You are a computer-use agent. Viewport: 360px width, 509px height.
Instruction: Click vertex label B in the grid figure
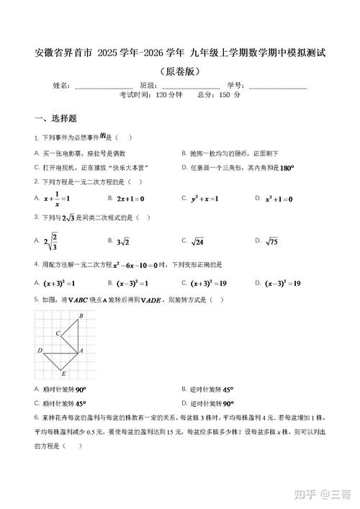81,316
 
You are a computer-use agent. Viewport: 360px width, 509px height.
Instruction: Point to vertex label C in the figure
58,333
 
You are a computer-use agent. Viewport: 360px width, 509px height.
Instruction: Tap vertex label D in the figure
40,351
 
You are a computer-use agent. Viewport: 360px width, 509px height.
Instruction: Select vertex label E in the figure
64,374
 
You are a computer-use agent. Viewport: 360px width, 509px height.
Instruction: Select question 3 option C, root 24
197,241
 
